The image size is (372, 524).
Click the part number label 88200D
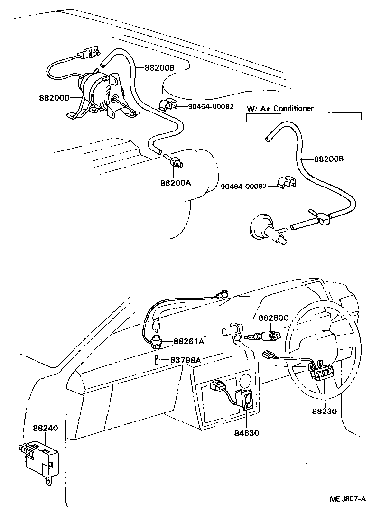pos(55,98)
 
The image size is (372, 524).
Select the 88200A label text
pos(175,182)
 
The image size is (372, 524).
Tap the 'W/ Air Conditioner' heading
pos(280,108)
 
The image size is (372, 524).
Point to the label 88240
pos(45,428)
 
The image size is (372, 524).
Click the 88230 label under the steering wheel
pos(325,412)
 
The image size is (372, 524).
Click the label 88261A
pos(189,341)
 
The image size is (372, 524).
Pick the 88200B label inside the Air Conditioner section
pos(328,159)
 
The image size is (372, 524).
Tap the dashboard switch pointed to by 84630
pos(247,398)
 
